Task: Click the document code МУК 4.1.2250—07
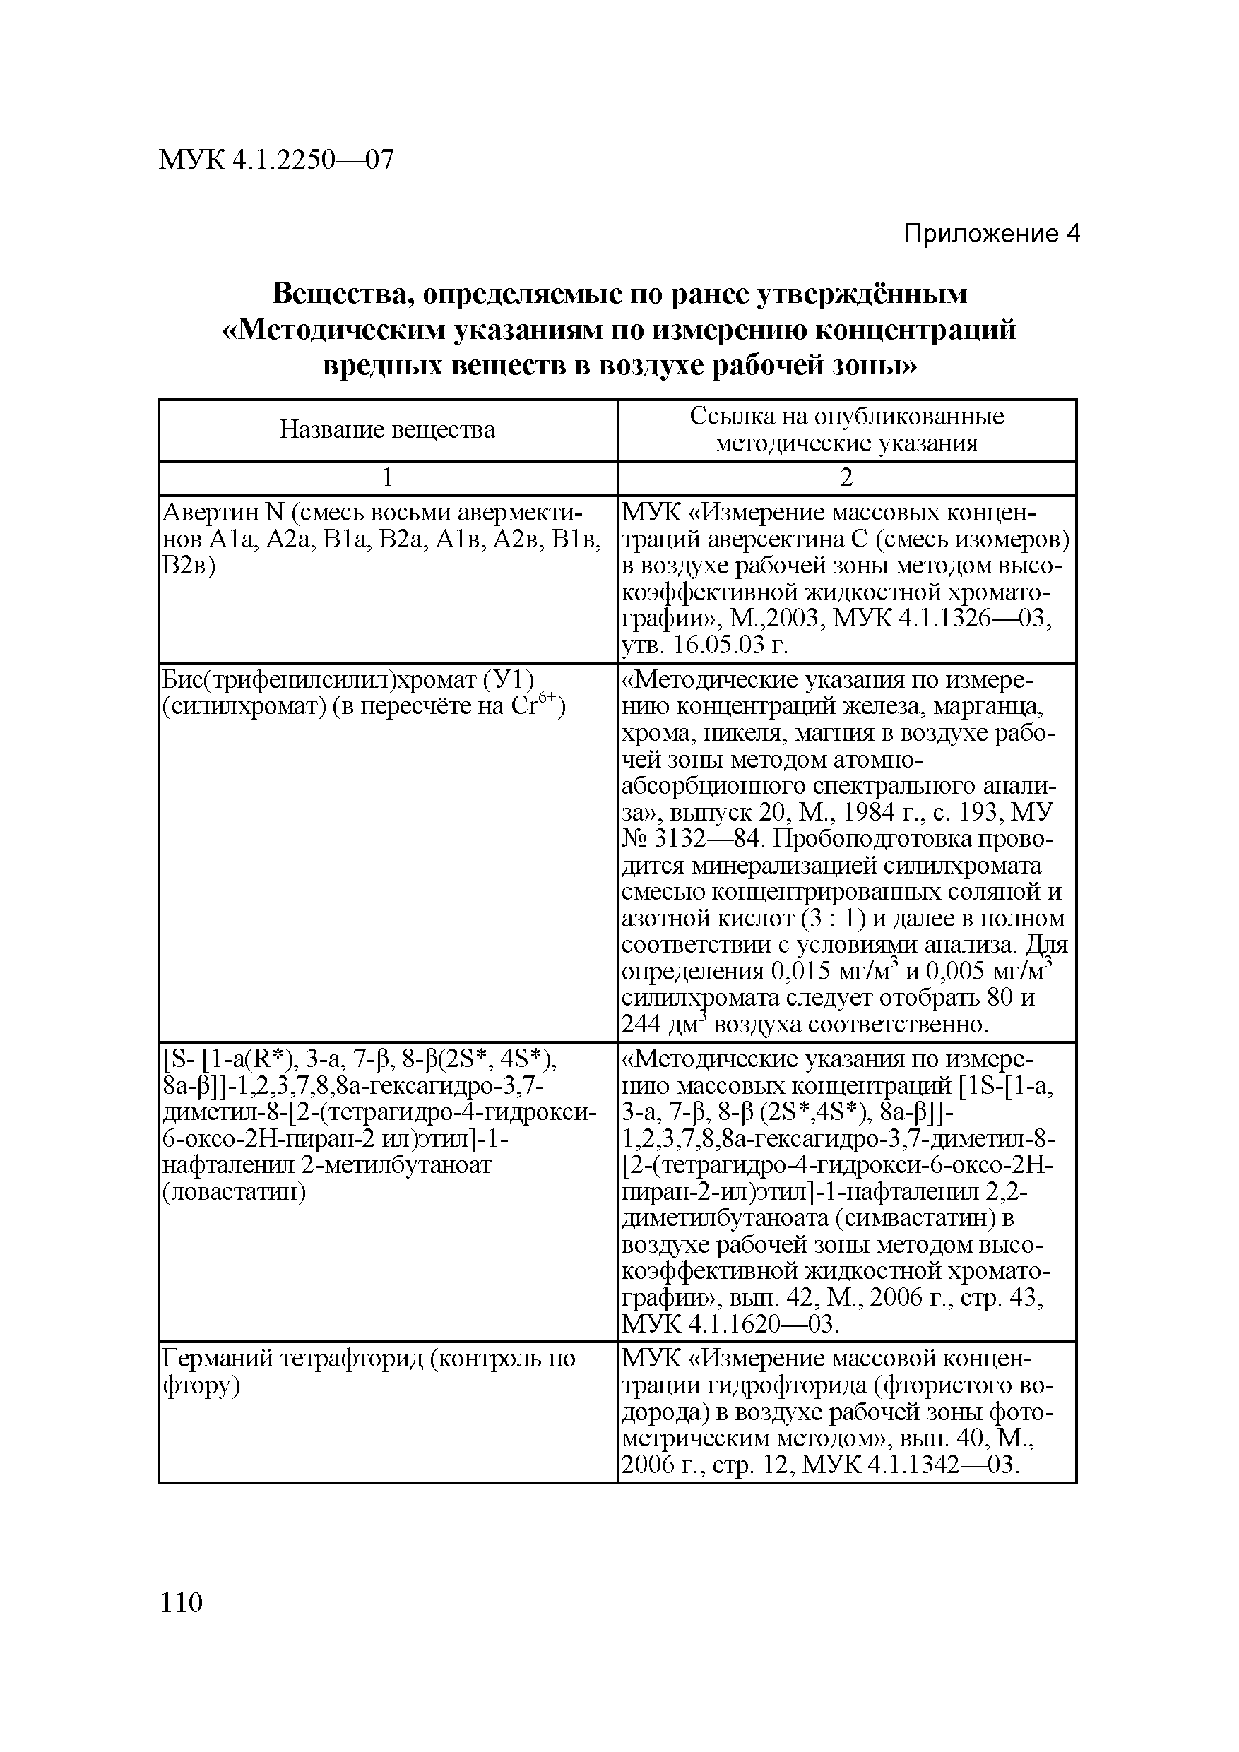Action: click(x=275, y=160)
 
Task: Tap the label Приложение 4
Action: click(x=992, y=234)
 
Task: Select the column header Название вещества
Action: click(x=387, y=429)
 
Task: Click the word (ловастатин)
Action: click(x=235, y=1192)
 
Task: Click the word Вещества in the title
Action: click(x=338, y=294)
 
